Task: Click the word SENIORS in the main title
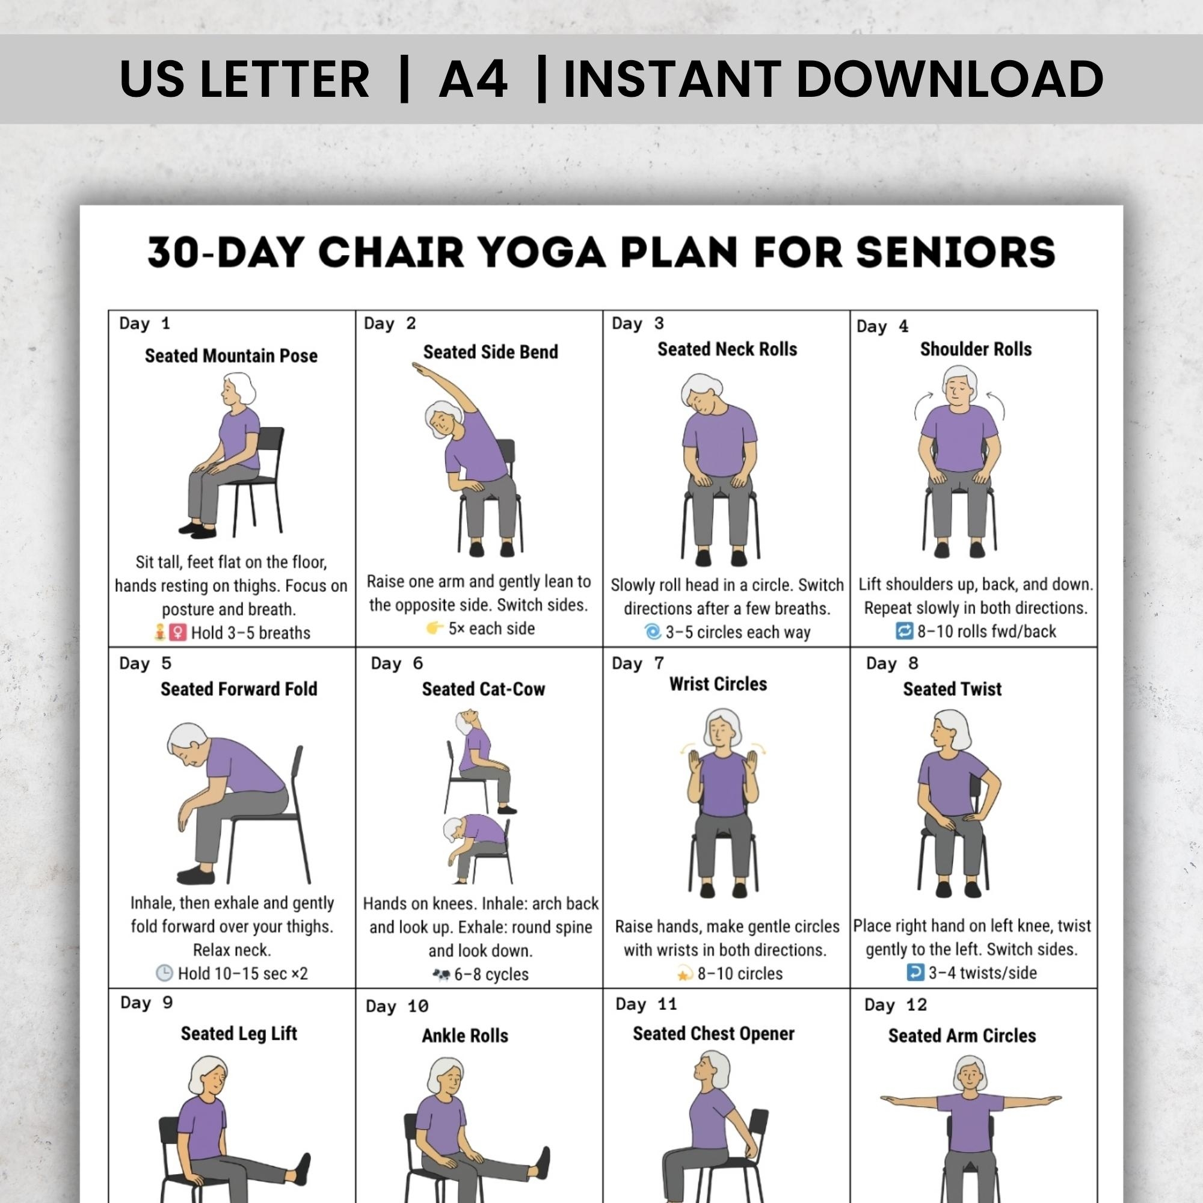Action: [x=955, y=252]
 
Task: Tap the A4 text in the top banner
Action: [x=473, y=79]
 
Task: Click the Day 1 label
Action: [x=144, y=324]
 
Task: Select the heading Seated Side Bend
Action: [x=490, y=352]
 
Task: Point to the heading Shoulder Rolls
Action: [x=975, y=349]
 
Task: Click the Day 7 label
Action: [x=638, y=663]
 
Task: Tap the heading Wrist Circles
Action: [x=718, y=684]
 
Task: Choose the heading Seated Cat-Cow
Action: [x=483, y=689]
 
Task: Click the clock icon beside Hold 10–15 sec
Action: [x=164, y=973]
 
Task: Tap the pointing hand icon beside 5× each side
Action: [x=435, y=629]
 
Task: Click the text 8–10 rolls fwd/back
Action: [x=986, y=632]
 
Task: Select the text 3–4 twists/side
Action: [x=983, y=973]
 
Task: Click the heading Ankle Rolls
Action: [x=464, y=1036]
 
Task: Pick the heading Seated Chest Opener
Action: [x=713, y=1033]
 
